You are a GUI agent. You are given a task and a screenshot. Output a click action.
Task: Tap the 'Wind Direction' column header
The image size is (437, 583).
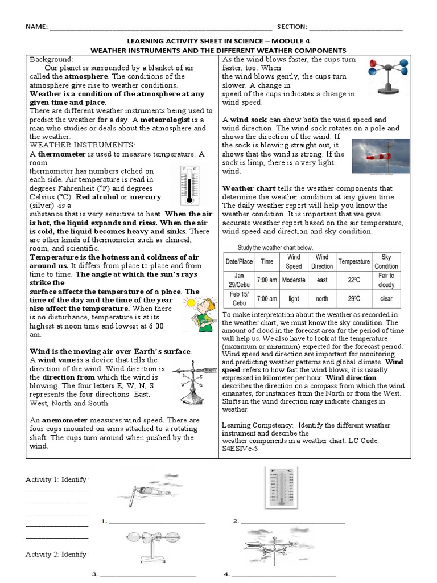coord(322,261)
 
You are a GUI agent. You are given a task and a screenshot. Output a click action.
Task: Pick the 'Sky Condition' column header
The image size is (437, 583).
coord(386,261)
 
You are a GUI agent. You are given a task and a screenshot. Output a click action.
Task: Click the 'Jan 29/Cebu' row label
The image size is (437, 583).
coord(238,280)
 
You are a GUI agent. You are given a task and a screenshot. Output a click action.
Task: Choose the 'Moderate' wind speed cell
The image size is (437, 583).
coord(294,280)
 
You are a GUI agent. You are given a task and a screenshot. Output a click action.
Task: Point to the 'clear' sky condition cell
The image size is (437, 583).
coord(386,299)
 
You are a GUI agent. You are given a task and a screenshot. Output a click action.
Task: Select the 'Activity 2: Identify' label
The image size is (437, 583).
coord(56,554)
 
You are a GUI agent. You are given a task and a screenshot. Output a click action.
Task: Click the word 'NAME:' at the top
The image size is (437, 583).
coord(35,27)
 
